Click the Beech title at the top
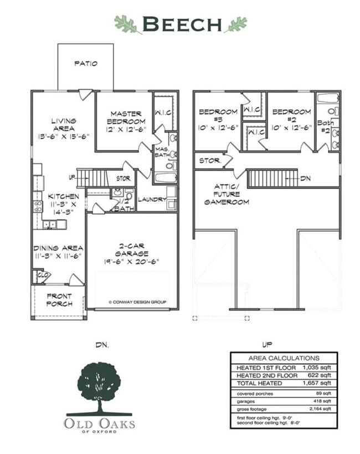[181, 24]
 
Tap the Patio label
[86, 64]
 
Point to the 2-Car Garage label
[131, 257]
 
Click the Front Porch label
[59, 299]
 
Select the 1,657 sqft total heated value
[316, 382]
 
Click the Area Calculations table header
[284, 358]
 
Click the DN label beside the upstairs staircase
[305, 179]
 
